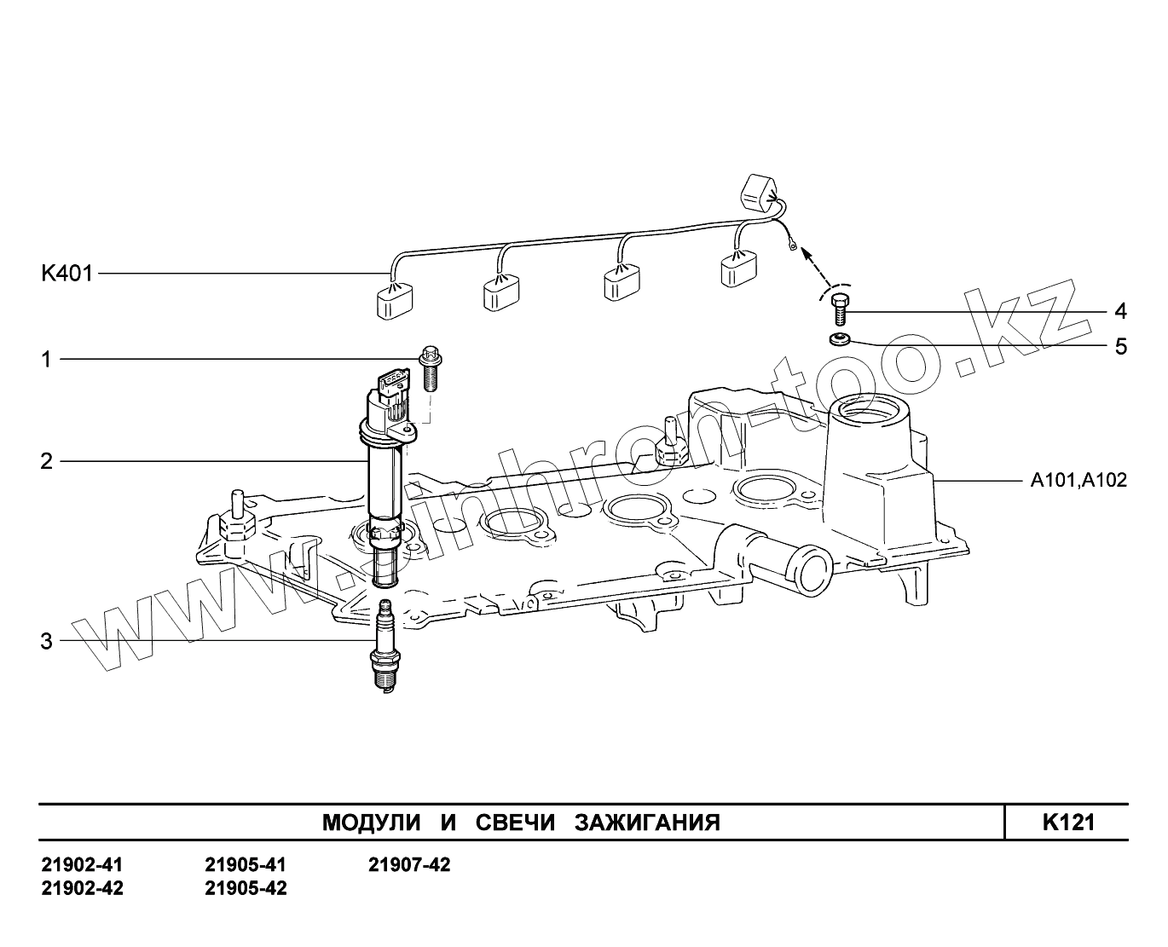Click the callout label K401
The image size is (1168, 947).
pyautogui.click(x=66, y=274)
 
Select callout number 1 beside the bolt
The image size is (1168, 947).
pyautogui.click(x=47, y=360)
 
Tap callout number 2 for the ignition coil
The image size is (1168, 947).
pyautogui.click(x=47, y=462)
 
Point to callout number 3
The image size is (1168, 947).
pyautogui.click(x=47, y=641)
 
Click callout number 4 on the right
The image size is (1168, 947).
pyautogui.click(x=1120, y=311)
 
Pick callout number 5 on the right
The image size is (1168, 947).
pyautogui.click(x=1120, y=347)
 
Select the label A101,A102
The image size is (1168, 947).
pyautogui.click(x=1078, y=481)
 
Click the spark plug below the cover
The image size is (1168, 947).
pyautogui.click(x=384, y=652)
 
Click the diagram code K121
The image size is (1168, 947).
pyautogui.click(x=1067, y=822)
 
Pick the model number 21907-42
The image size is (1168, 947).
pyautogui.click(x=409, y=865)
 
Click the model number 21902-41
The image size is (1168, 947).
pyautogui.click(x=82, y=865)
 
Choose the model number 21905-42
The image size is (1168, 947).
pyautogui.click(x=246, y=889)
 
